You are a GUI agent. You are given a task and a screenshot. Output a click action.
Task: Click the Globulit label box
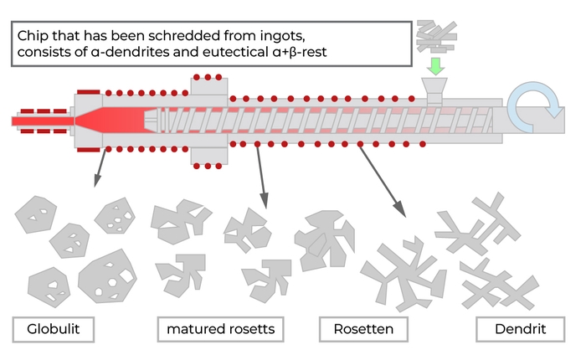52,329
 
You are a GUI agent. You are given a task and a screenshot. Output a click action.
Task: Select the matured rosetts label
220,329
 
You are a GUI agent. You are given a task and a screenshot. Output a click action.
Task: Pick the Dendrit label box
518,329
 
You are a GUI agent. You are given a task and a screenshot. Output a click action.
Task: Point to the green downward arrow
436,63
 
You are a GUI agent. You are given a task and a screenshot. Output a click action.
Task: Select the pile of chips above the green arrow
437,33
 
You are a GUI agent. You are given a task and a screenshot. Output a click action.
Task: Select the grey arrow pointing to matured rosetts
262,176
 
